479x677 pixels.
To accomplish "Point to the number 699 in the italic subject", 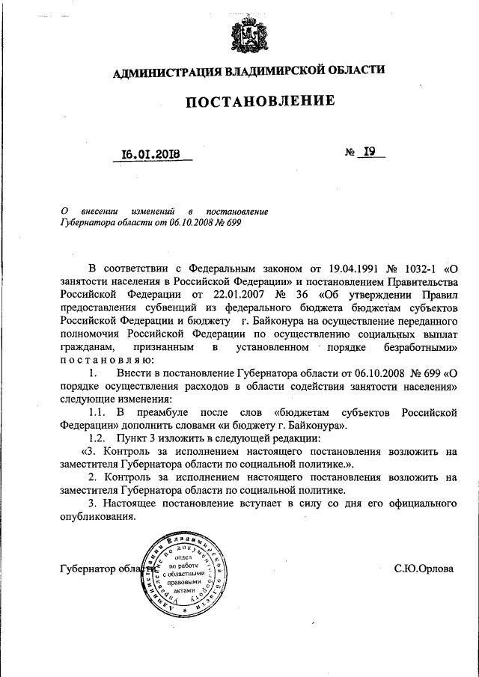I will (232, 222).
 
